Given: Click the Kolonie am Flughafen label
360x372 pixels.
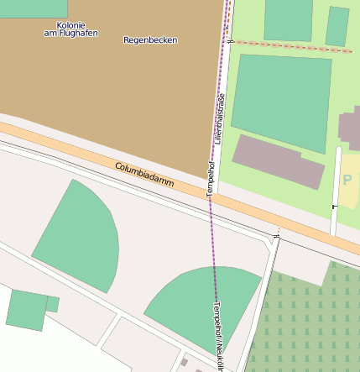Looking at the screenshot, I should (70, 29).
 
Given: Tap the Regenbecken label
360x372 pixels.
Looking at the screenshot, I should (150, 39).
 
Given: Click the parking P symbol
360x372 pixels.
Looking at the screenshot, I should (347, 180).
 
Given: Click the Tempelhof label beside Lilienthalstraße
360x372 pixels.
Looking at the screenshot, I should (211, 176).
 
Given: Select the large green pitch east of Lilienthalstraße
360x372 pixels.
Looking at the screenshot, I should (281, 101).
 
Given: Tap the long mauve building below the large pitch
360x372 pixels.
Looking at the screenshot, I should (278, 162).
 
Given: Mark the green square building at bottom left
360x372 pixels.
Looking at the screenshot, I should (27, 309).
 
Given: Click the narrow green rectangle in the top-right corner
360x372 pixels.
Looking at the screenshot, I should (337, 26).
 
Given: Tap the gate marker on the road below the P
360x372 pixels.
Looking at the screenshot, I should (334, 205).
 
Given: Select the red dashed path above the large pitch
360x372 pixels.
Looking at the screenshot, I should (294, 45).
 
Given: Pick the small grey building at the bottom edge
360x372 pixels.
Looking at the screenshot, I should (184, 363).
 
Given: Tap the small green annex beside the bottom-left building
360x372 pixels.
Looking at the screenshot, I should (52, 303).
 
